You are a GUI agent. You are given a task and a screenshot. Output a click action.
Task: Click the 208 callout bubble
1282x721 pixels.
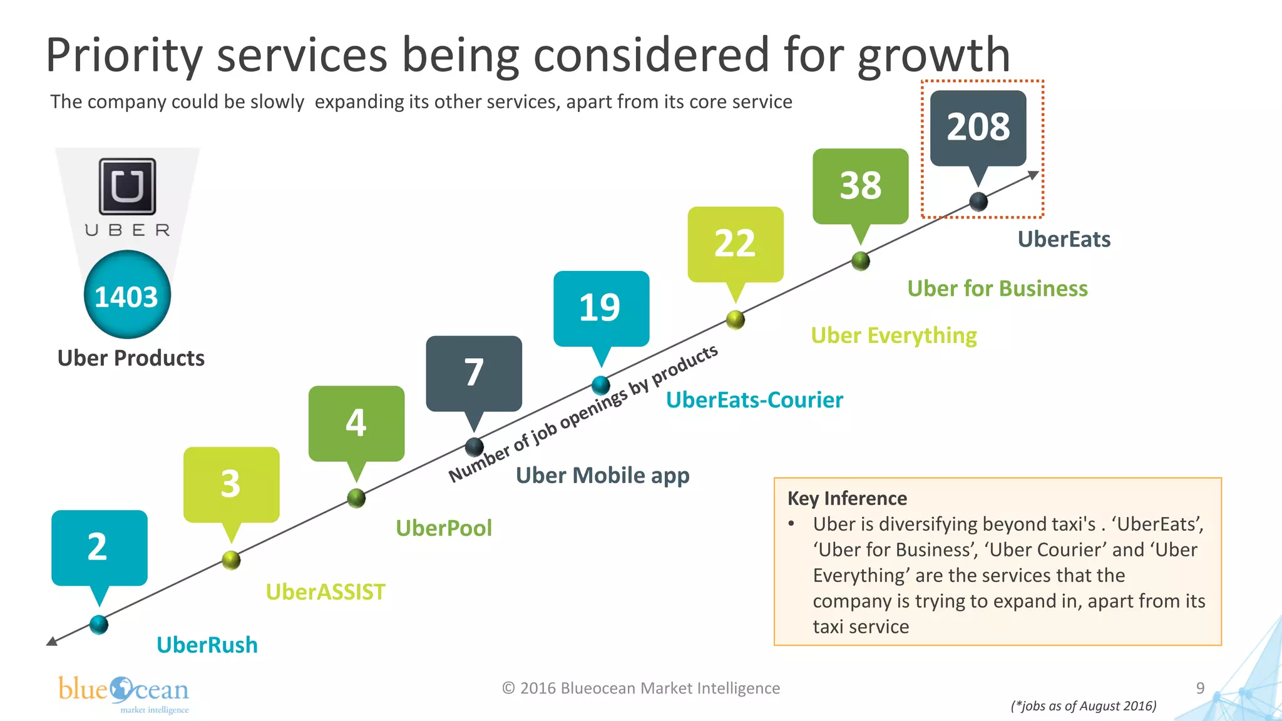[978, 128]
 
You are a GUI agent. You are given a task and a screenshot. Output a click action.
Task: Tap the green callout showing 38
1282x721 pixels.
[860, 186]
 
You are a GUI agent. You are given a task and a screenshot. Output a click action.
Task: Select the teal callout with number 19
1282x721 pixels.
[601, 308]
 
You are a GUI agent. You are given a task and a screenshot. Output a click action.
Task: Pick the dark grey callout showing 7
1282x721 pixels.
[474, 373]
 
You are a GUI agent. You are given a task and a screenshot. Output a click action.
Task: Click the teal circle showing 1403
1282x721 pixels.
[127, 295]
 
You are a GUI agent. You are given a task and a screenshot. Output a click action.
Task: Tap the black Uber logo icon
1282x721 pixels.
[128, 186]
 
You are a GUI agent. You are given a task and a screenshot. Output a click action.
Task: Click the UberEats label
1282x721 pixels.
[1064, 239]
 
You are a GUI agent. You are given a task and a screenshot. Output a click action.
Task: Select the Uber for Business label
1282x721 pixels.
[997, 289]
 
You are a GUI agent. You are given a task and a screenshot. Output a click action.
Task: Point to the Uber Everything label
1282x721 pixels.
[893, 335]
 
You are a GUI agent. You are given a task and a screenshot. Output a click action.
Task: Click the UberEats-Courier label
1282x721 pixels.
[754, 400]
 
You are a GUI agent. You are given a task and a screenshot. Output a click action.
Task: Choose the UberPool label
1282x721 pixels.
[444, 528]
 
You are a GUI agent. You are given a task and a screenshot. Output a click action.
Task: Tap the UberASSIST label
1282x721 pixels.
[326, 592]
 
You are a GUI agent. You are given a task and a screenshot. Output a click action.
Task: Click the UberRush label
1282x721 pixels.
[207, 645]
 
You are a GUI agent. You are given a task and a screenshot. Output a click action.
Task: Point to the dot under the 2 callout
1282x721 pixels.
[99, 624]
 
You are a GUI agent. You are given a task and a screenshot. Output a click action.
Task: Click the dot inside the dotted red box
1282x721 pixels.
[978, 202]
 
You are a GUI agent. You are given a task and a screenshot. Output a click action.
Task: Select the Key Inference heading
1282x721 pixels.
[847, 498]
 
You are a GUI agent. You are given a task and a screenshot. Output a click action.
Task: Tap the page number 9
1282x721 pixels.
[1200, 688]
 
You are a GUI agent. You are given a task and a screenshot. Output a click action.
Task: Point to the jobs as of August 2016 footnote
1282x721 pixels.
[1084, 706]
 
